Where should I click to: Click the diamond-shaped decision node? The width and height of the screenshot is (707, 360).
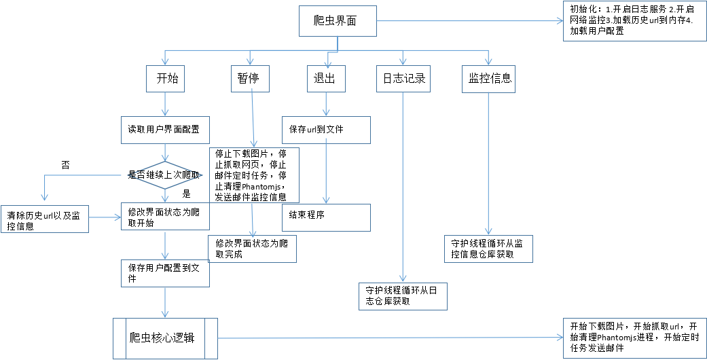[165, 176]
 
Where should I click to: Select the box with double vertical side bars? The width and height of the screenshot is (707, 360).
[165, 338]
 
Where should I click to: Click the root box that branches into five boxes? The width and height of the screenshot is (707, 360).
[338, 21]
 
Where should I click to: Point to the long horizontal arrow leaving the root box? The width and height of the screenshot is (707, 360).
[469, 21]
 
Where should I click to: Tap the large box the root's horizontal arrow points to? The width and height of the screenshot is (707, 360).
[634, 21]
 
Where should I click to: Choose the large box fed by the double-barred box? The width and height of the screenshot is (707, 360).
[634, 338]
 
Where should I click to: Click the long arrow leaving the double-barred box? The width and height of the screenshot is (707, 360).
[391, 338]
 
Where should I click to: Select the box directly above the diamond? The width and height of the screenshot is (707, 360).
[165, 130]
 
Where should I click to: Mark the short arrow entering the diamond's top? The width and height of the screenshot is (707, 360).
[165, 152]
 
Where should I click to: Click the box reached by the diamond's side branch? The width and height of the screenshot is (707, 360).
[45, 219]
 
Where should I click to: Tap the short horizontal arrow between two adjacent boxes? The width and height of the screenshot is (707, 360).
[105, 218]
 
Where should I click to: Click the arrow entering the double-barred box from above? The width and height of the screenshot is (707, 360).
[165, 302]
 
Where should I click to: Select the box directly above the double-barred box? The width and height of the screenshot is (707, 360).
[165, 273]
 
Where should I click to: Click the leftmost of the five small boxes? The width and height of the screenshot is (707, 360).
[165, 79]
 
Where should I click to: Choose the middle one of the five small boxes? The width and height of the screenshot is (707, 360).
[326, 79]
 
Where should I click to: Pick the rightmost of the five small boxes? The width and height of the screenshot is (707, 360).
[488, 79]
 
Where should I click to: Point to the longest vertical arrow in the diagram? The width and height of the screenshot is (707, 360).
[403, 187]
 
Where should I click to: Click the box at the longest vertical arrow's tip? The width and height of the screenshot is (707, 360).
[403, 296]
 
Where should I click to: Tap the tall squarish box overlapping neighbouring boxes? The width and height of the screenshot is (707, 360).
[254, 175]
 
